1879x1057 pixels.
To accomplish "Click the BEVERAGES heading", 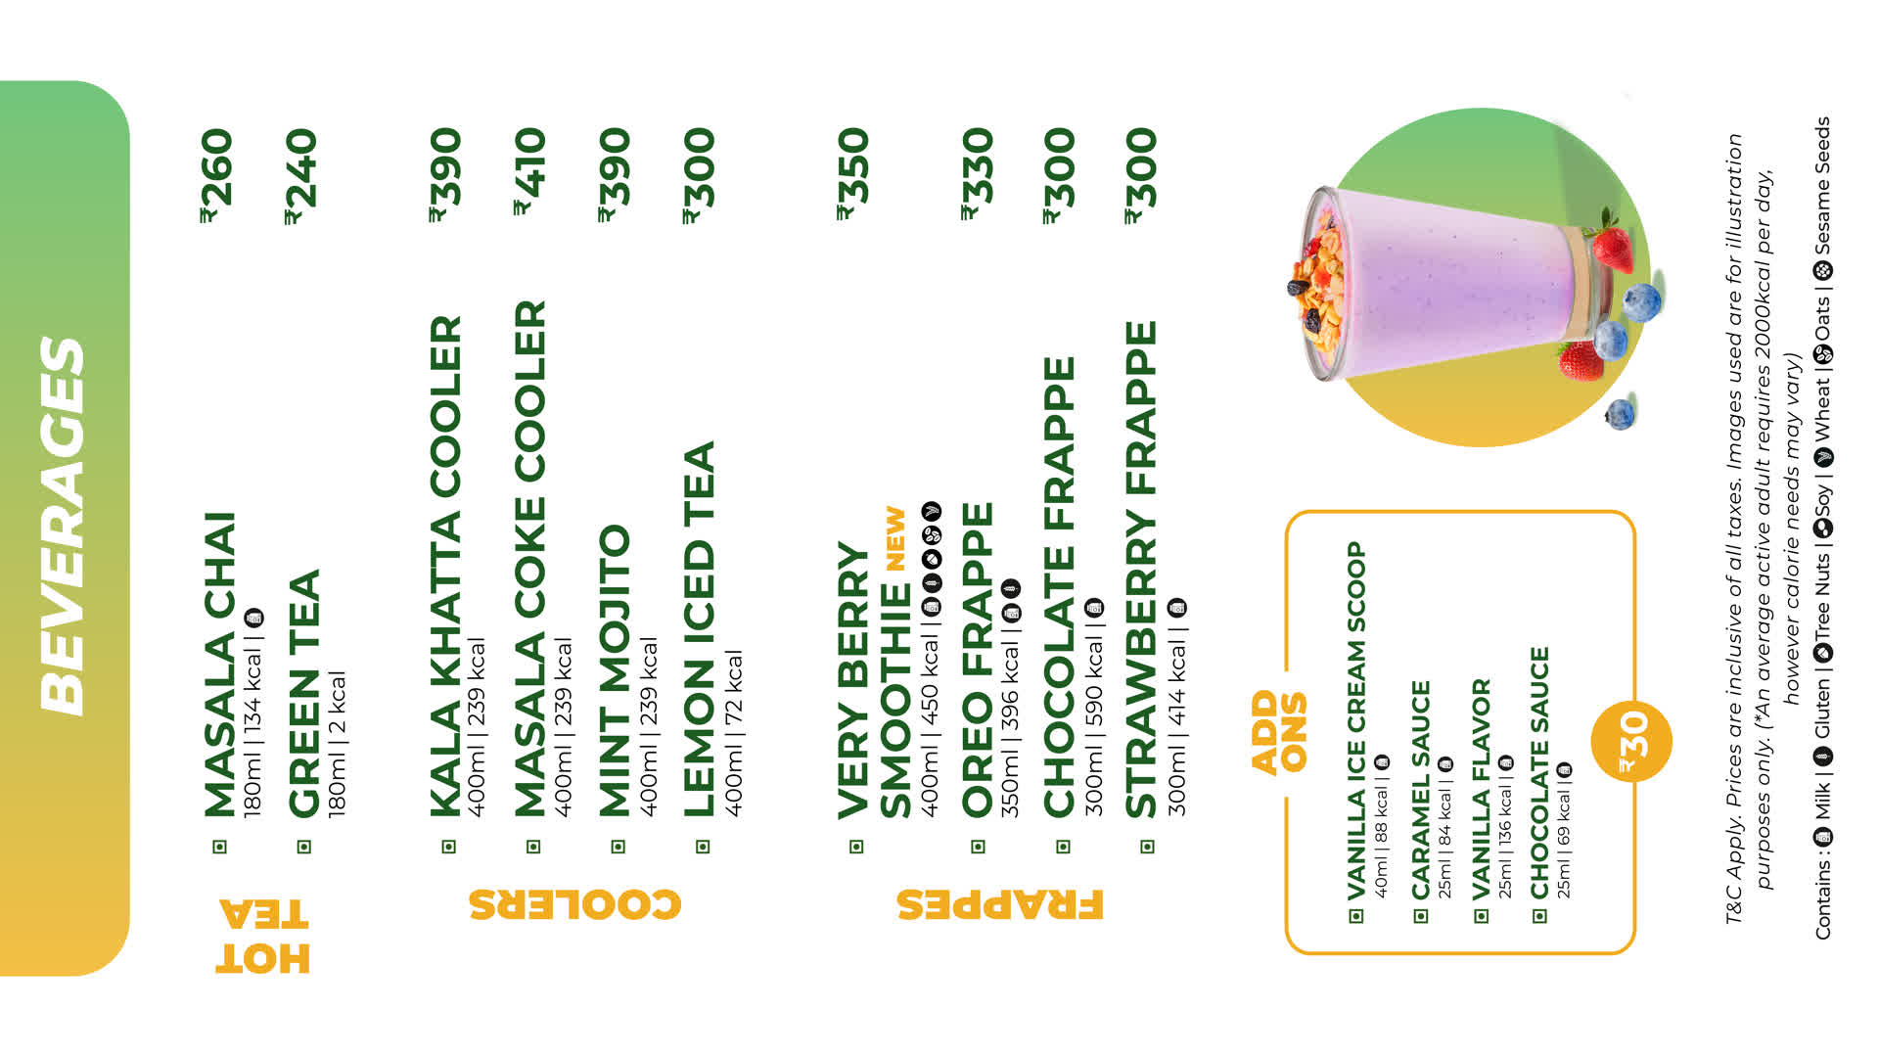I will coord(63,526).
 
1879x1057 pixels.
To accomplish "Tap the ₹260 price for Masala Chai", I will coord(216,175).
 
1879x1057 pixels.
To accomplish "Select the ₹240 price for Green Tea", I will coord(300,175).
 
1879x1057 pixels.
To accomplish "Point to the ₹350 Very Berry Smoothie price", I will coord(852,173).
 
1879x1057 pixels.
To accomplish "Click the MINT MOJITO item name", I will coord(615,670).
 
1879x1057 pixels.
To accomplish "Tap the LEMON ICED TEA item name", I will coord(700,629).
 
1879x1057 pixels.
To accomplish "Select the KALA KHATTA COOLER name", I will coord(445,566).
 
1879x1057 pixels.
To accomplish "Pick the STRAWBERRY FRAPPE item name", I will coord(1141,570).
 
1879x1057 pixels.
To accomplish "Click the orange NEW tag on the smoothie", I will coord(896,538).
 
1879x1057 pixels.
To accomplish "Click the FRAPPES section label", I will coord(999,904).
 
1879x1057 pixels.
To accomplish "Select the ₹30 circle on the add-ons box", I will coord(1631,741).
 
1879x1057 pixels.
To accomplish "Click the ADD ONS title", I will coord(1278,732).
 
